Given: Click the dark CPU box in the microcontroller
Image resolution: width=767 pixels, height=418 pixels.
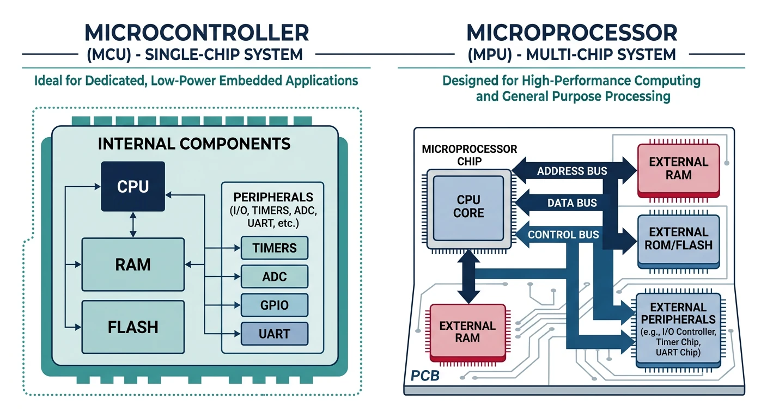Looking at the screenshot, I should click(133, 187).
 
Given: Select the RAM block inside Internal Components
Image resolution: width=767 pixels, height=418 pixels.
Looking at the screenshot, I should click(133, 265).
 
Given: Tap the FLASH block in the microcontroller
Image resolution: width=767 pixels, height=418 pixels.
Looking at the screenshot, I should click(133, 327).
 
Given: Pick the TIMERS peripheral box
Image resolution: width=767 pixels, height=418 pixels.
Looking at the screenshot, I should click(275, 248).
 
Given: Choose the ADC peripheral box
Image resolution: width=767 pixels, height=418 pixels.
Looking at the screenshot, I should click(275, 276).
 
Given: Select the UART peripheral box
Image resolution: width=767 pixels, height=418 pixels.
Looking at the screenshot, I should click(275, 334).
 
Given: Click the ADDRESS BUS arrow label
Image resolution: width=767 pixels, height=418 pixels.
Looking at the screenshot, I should click(571, 171).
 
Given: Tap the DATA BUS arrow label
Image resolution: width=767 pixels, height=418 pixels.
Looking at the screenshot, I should click(571, 203).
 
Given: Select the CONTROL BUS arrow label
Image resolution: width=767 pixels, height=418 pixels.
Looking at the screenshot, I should click(563, 235).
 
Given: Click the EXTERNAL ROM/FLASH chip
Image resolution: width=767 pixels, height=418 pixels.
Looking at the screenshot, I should click(678, 239).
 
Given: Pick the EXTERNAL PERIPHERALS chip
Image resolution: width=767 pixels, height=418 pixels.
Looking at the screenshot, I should click(678, 327).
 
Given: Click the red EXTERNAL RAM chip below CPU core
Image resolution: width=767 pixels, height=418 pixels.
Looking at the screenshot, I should click(467, 332).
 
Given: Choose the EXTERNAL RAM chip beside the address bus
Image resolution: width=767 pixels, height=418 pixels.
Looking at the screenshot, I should click(678, 169).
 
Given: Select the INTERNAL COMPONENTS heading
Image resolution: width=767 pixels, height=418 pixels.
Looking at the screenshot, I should click(194, 144).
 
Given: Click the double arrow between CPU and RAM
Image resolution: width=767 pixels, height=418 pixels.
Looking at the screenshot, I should click(133, 225).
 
